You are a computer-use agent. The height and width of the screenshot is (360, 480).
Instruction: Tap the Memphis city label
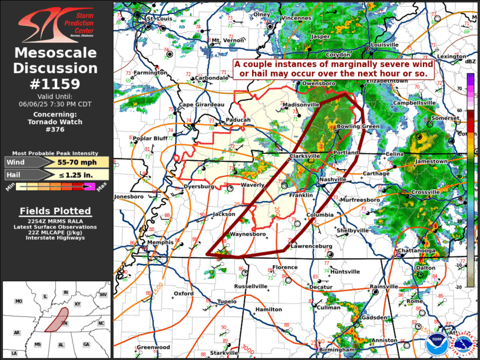(160, 242)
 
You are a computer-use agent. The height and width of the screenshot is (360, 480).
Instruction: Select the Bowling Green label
(358, 127)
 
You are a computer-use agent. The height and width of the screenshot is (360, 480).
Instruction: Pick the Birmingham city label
(339, 349)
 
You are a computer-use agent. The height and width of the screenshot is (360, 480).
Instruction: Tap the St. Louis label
(158, 18)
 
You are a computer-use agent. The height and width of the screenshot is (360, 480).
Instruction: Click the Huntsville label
(345, 272)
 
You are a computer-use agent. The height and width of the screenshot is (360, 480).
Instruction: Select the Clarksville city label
(304, 156)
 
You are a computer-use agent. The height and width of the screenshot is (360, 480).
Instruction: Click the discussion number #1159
(57, 84)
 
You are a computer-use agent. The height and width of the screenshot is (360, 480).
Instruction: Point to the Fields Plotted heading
(55, 211)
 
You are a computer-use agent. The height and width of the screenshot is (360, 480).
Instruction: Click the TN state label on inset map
(66, 323)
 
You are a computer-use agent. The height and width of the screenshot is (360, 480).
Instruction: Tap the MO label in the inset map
(18, 302)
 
